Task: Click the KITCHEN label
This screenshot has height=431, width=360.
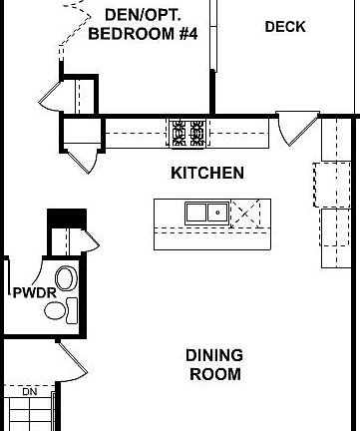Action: point(207,173)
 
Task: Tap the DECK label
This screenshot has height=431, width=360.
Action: point(285,27)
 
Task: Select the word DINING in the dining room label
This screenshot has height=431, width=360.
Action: point(214,355)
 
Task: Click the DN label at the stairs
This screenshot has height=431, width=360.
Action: point(30,392)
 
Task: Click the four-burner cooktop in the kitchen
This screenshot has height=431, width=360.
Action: point(187,132)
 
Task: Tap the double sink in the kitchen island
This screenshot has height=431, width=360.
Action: point(206,212)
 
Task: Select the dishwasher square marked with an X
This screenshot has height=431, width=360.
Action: point(245,213)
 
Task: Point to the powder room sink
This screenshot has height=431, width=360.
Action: point(56,310)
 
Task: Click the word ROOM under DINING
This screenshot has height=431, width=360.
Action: point(214,375)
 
